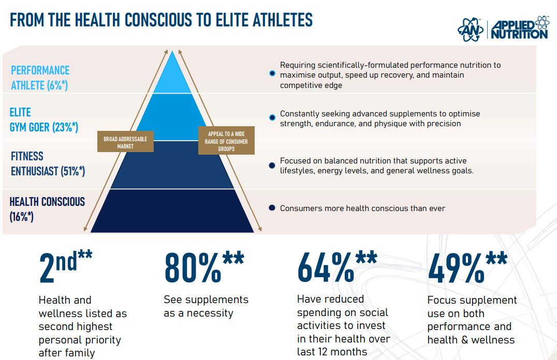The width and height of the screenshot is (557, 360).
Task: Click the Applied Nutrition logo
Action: (503, 28)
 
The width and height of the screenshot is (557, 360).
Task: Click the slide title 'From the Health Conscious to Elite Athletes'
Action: (161, 20)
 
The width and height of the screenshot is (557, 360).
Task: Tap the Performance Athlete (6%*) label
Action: (40, 78)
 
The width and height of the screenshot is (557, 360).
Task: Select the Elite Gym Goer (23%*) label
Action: (43, 119)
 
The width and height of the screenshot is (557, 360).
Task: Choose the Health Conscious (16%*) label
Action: (47, 208)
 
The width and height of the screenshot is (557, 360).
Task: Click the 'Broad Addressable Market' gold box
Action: (125, 142)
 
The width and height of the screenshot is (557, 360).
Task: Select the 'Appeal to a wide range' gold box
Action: (226, 141)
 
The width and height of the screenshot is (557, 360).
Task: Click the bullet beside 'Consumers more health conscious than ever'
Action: (272, 208)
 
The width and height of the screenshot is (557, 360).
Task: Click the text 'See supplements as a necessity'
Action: (206, 306)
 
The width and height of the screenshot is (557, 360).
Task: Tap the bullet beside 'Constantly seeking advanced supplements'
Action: (272, 118)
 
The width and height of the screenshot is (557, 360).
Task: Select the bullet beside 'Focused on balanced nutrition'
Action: (272, 166)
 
